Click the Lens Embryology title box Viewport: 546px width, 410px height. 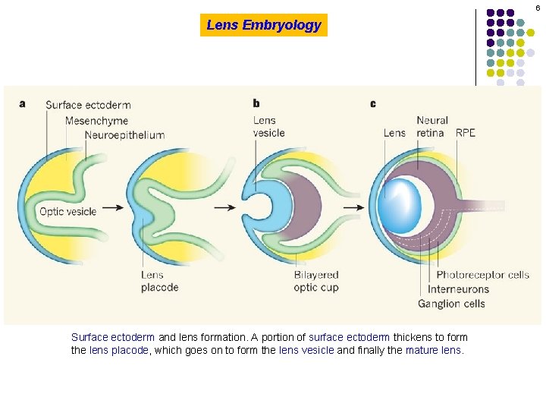click(264, 25)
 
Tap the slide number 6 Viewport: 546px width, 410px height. click(538, 8)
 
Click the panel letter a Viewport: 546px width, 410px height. click(22, 103)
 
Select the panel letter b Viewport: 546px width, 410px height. click(256, 103)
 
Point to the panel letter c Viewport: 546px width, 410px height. click(372, 103)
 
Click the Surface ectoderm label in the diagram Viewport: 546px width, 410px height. click(88, 105)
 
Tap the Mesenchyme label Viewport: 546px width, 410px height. click(96, 120)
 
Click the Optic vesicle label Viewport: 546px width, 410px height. click(67, 211)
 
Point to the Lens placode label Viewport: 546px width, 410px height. click(159, 281)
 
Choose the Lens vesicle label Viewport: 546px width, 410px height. click(268, 126)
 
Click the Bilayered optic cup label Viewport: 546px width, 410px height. click(316, 281)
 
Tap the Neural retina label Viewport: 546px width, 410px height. click(432, 126)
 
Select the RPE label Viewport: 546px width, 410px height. click(466, 133)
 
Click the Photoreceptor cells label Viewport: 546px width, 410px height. click(482, 275)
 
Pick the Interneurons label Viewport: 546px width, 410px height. click(458, 289)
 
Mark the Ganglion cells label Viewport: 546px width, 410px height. click(451, 304)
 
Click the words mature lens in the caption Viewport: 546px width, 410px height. click(433, 350)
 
